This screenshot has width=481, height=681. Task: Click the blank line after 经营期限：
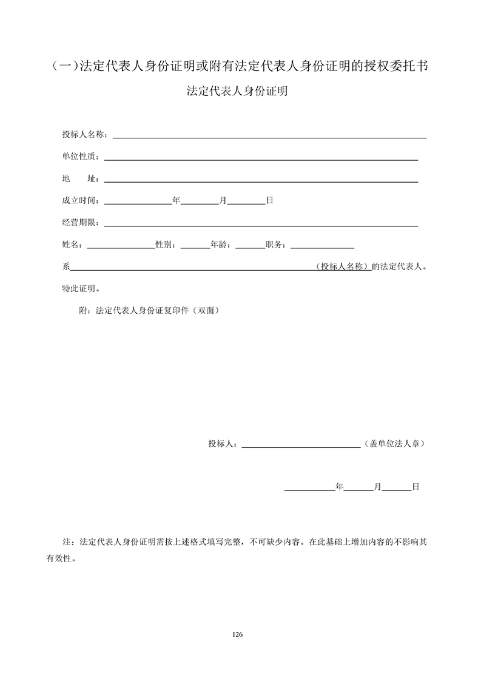(x=261, y=224)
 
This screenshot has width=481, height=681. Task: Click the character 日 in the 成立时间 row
(x=270, y=200)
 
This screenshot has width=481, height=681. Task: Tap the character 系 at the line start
(x=66, y=266)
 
